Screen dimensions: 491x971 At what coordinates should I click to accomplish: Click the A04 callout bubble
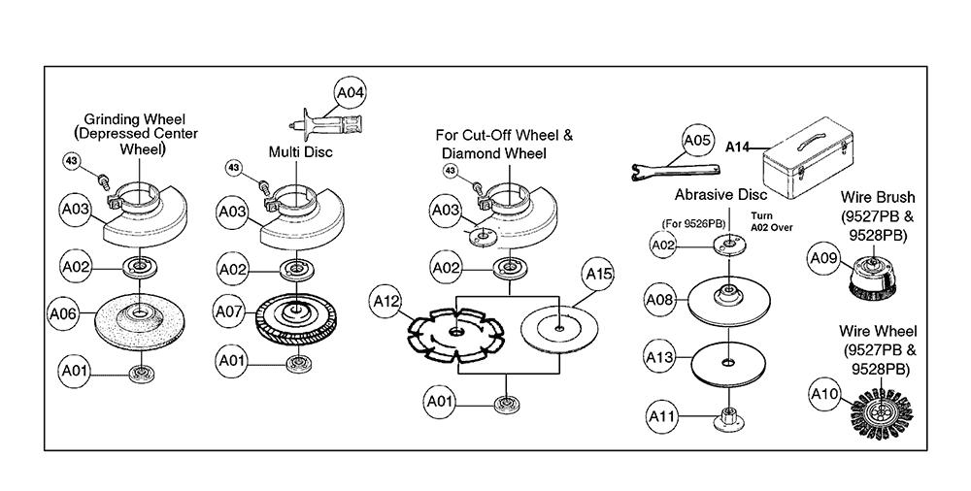tap(350, 94)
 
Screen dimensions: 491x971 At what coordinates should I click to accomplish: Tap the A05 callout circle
tap(697, 141)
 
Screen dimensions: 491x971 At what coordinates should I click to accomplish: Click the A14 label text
tap(740, 147)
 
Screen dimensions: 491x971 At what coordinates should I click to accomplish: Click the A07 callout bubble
tap(230, 314)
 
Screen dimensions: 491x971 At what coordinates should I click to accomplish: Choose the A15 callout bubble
tap(599, 276)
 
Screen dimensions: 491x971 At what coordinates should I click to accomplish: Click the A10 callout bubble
tap(823, 393)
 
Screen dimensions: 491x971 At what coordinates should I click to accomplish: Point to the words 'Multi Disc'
tap(300, 151)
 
